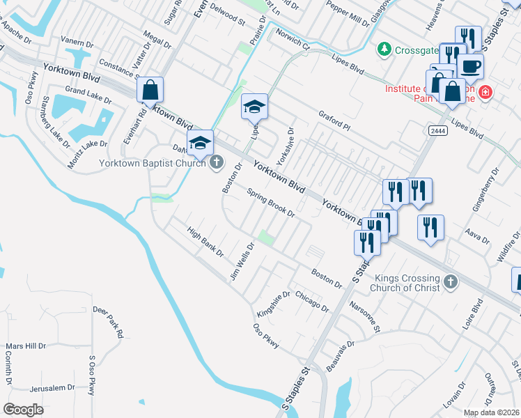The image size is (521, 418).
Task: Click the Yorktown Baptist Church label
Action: pyautogui.click(x=153, y=163)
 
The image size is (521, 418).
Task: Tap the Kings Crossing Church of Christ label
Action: pyautogui.click(x=405, y=282)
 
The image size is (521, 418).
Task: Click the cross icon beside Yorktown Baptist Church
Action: pyautogui.click(x=217, y=162)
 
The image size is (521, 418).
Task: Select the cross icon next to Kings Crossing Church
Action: pyautogui.click(x=451, y=281)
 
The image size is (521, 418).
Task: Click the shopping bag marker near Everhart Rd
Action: pyautogui.click(x=150, y=91)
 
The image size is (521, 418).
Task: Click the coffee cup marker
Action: pyautogui.click(x=470, y=68)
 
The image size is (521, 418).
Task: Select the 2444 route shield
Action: pyautogui.click(x=438, y=130)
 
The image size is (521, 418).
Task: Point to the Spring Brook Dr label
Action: pyautogui.click(x=272, y=203)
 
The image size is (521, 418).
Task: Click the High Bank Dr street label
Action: pyautogui.click(x=204, y=241)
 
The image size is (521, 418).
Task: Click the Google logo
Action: pyautogui.click(x=24, y=410)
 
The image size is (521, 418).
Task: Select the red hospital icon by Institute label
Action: pyautogui.click(x=485, y=92)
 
